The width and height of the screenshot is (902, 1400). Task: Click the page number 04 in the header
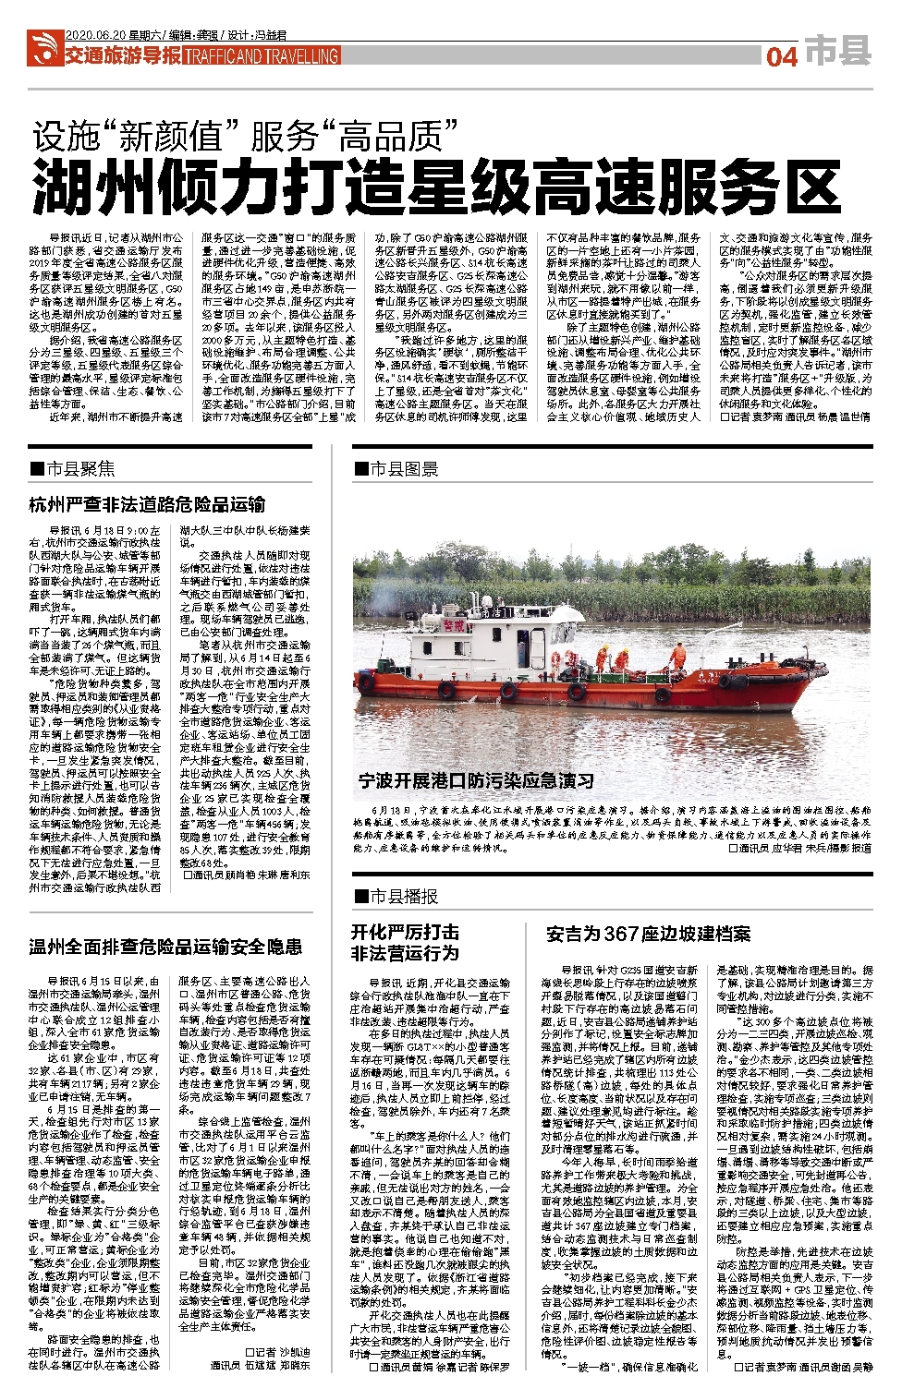[x=781, y=56]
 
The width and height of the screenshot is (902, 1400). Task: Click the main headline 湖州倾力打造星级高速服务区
[x=436, y=187]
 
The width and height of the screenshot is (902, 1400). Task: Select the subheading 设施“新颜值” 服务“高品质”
[x=245, y=136]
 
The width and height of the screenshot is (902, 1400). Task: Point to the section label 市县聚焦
[x=80, y=468]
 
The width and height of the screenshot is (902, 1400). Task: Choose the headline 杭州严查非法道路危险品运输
[x=147, y=504]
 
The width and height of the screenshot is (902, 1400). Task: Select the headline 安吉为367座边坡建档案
[x=648, y=934]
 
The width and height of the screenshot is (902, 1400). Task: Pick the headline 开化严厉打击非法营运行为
[x=405, y=941]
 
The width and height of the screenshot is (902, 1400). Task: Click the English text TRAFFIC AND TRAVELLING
[x=262, y=56]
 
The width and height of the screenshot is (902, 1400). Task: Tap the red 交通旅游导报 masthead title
[x=122, y=55]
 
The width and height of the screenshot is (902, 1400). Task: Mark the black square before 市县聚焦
[x=37, y=468]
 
